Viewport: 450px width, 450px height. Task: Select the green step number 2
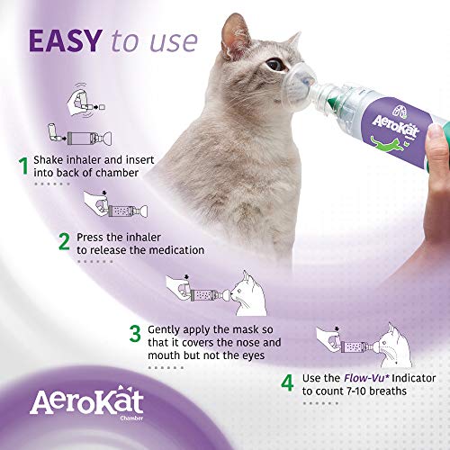64,241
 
